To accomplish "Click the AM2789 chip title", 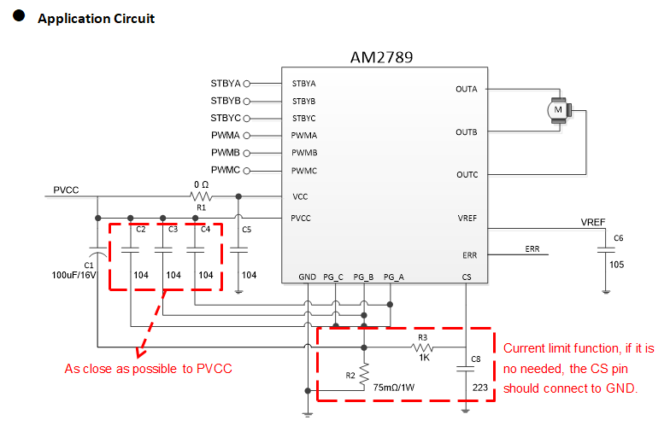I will click(380, 57).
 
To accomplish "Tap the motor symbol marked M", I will click(559, 110).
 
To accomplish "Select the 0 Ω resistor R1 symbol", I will click(201, 196).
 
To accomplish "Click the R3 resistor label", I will click(422, 337).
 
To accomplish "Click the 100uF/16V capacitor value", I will click(76, 276).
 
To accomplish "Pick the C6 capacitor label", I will click(619, 237).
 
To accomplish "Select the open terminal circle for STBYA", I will click(247, 84).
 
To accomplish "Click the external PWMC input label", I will click(226, 170).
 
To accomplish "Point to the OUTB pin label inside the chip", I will click(467, 132).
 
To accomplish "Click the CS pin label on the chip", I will click(466, 277).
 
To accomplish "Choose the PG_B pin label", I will click(363, 277).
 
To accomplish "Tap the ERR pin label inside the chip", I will click(469, 255).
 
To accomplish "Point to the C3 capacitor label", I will click(173, 230).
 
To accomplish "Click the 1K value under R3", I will click(422, 359).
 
